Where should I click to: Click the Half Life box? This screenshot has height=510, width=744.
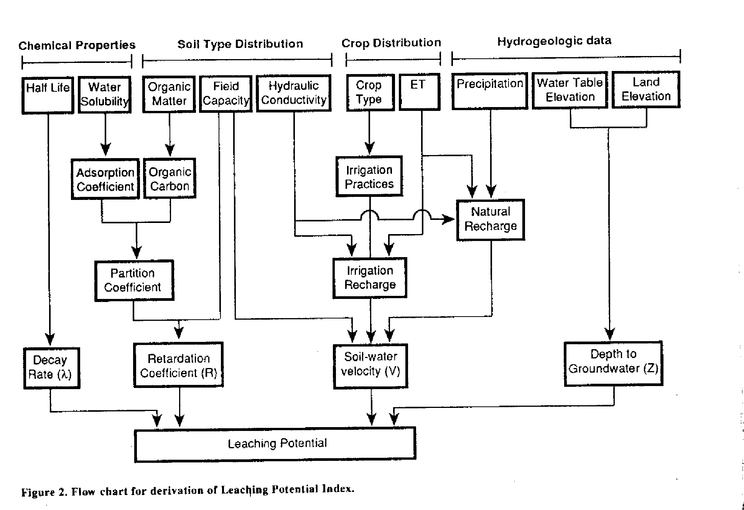coord(48,95)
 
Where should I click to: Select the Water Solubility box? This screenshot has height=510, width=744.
coord(105,94)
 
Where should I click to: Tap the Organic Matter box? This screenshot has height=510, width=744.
coord(169,94)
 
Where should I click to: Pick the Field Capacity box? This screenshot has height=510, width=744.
coord(226,94)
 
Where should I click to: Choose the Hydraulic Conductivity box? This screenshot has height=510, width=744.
coord(294,93)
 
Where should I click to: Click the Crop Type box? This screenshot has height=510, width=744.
coord(369,92)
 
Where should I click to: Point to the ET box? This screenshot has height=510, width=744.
coord(419,92)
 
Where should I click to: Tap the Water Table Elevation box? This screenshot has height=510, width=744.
coord(570,90)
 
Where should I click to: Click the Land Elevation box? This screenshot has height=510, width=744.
coord(646,89)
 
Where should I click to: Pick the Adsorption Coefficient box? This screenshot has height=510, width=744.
coord(105,179)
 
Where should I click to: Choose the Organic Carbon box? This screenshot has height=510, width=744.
coord(170,179)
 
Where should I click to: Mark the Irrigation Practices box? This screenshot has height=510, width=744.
coord(369,177)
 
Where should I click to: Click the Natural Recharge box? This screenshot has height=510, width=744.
coord(491,220)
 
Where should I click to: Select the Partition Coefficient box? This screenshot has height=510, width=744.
coord(134,280)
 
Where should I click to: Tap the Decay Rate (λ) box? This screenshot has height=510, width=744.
coord(51,368)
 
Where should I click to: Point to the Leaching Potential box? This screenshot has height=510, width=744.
coord(275,444)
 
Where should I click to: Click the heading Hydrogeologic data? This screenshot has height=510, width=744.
coord(554,41)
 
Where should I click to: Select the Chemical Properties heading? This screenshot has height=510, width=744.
coord(77,45)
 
